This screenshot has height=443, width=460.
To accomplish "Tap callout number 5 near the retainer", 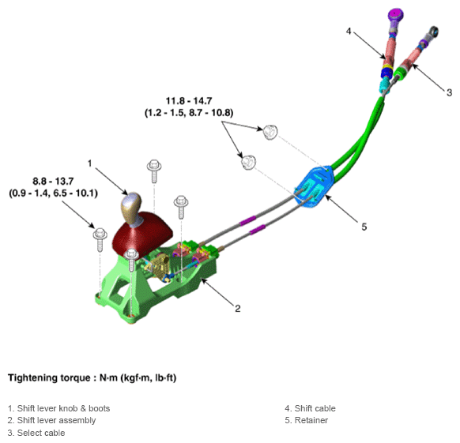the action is pos(364,227).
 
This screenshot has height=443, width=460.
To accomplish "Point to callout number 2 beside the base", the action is pos(238,309).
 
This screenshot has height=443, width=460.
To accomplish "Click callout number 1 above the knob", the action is pos(90,163).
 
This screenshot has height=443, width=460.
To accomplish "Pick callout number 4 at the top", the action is pos(349,31).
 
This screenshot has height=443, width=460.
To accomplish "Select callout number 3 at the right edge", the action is pos(449,92).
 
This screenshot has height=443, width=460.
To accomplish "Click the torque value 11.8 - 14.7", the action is pos(189,101).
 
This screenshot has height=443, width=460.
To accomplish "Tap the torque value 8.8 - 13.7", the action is pos(53,181).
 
